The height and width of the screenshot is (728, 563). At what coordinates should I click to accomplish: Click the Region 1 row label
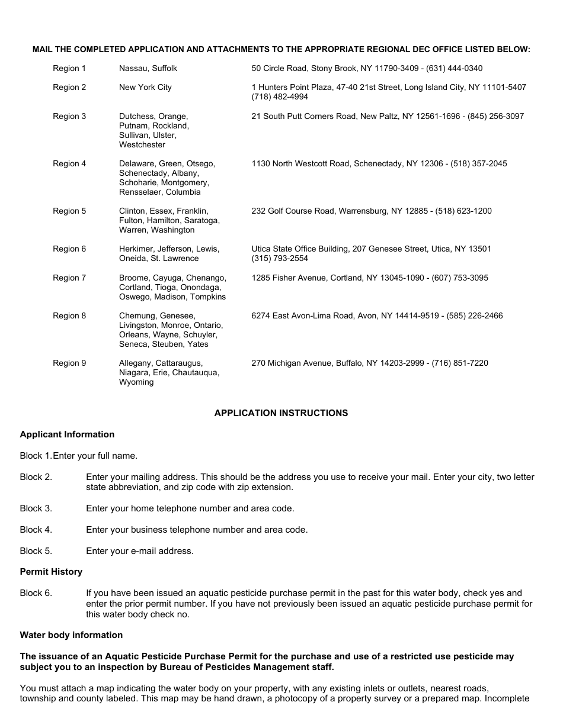coord(69,69)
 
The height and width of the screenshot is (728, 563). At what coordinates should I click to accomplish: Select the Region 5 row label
coord(69,211)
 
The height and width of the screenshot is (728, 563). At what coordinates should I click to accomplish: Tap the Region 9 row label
coord(69,363)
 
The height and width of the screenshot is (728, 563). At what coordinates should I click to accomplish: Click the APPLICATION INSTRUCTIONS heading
coord(281,413)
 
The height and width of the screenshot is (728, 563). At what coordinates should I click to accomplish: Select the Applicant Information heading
coord(67,434)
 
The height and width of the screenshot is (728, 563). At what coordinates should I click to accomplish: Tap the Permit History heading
coord(51,572)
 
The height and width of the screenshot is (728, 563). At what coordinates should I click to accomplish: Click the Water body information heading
coord(71,635)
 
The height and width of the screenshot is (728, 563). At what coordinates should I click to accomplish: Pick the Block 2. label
coord(36,477)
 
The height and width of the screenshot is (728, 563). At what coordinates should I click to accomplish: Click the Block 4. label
coord(36,530)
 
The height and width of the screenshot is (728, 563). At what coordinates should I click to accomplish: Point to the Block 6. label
coord(36,593)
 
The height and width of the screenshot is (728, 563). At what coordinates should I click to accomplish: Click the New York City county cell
coord(145,88)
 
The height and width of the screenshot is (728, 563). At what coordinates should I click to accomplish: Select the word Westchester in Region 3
coord(142,145)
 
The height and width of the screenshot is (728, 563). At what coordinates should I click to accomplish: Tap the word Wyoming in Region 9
coord(136,382)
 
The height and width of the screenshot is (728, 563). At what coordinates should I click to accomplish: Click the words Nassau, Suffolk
coord(148,69)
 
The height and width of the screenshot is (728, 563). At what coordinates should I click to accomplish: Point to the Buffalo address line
coord(370,363)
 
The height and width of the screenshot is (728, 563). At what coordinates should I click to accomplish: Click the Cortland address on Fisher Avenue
coord(370,278)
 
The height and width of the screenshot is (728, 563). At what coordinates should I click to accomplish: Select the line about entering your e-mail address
coord(140,551)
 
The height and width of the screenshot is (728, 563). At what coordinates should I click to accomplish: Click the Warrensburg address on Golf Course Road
coord(372,211)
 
